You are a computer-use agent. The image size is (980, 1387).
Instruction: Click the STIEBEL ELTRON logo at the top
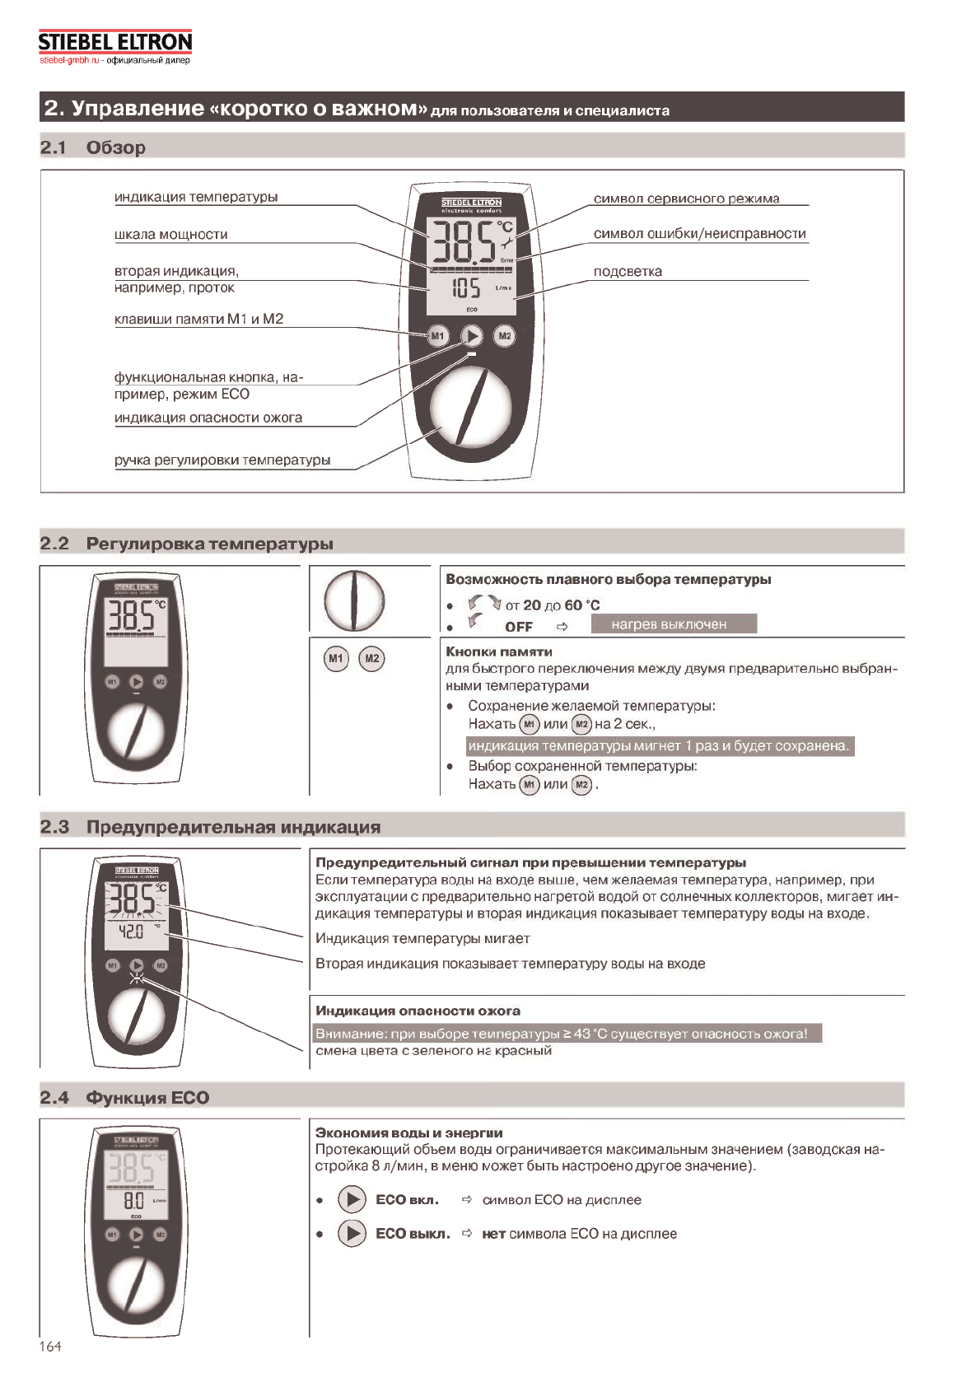coord(114,42)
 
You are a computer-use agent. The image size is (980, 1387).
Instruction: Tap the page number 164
coord(50,1346)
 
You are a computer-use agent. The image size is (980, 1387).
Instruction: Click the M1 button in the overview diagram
coord(437,335)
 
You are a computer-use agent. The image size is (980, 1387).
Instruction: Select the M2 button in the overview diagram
coord(505,335)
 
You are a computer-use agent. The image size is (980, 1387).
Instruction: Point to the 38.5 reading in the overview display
coord(464,239)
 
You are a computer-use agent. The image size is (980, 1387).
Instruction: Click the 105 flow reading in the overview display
coord(466,288)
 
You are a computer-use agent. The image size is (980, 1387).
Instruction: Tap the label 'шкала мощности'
coord(170,235)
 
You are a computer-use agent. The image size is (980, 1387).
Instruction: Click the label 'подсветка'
coord(628,272)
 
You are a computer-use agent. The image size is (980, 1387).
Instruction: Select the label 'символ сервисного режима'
coord(686,198)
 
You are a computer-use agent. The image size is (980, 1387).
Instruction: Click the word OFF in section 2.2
coord(519,627)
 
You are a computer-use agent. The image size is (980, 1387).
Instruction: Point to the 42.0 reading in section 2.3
coord(131,932)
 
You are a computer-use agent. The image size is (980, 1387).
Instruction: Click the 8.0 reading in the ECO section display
coord(133,1201)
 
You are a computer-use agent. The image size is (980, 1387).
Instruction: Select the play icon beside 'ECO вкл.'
coord(352,1199)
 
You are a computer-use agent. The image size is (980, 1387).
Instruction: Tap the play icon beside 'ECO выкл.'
coord(352,1233)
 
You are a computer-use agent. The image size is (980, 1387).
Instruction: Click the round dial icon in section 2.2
coord(354,600)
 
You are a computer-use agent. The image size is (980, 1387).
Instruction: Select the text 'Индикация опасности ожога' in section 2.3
coord(418,1011)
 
